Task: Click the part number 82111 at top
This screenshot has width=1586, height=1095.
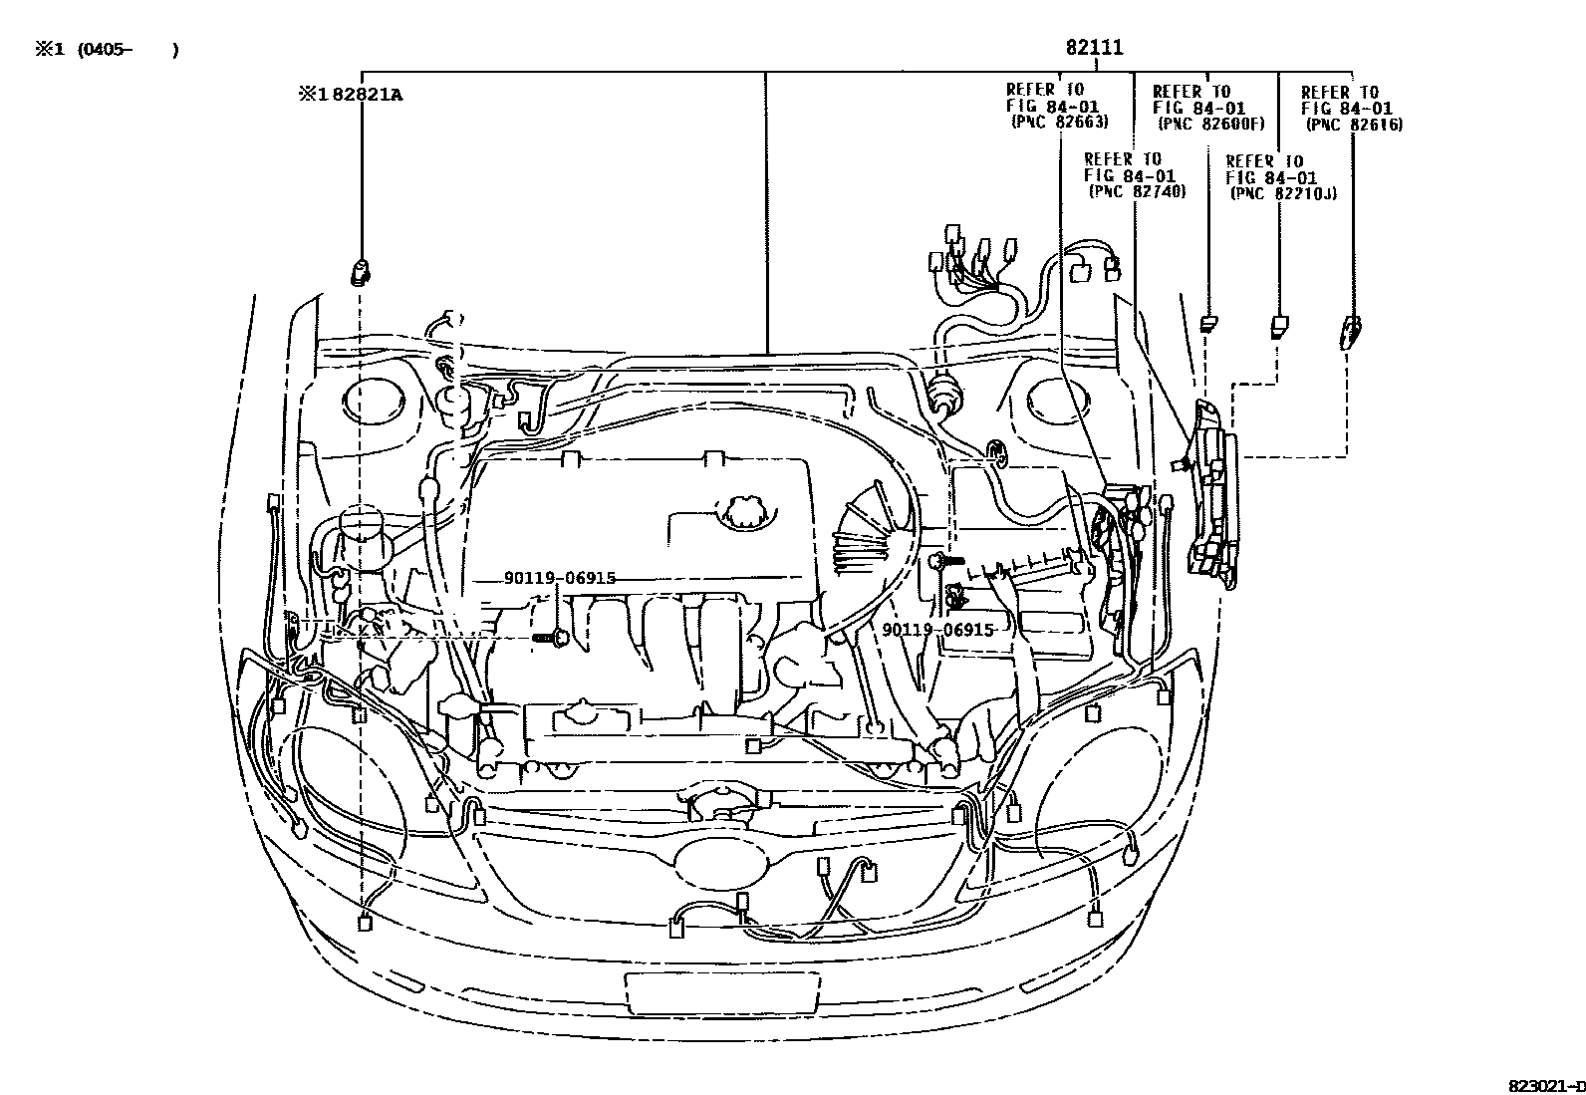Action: [1095, 48]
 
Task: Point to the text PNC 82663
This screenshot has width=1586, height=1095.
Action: [1059, 123]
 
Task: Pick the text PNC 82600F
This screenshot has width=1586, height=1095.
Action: [1210, 125]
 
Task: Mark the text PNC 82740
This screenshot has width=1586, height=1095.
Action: [1137, 191]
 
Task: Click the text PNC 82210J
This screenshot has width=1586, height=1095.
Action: [1283, 193]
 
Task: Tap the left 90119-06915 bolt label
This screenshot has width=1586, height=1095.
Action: [559, 578]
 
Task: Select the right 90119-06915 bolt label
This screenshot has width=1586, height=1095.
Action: [937, 630]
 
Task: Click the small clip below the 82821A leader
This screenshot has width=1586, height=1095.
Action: [361, 271]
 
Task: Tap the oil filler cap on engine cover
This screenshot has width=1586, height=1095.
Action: [744, 511]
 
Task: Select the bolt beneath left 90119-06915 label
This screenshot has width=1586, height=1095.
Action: [550, 636]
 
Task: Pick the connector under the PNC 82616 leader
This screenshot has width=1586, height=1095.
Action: [1350, 331]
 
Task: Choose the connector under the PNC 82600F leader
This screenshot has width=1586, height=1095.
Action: [1208, 324]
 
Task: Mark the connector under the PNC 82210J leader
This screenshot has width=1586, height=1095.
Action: [1278, 327]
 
